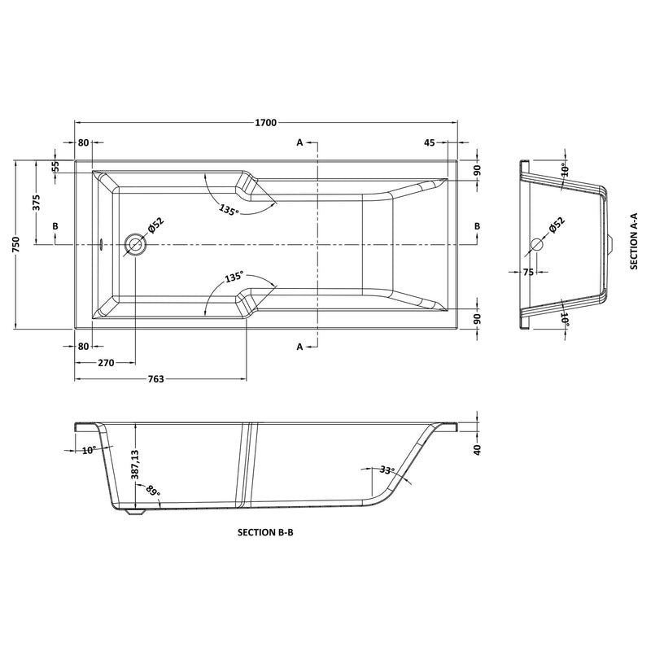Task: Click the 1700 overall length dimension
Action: coord(266,123)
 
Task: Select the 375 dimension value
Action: coord(37,203)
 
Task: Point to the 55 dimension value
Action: coord(55,166)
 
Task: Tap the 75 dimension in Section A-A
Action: coord(527,273)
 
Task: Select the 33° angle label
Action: coord(387,470)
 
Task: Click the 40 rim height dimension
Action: coord(478,449)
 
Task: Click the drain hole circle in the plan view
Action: coord(135,243)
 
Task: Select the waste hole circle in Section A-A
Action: coord(537,244)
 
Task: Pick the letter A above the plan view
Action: coord(299,143)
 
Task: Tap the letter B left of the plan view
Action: coord(55,225)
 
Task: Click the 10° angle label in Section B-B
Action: coord(89,449)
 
